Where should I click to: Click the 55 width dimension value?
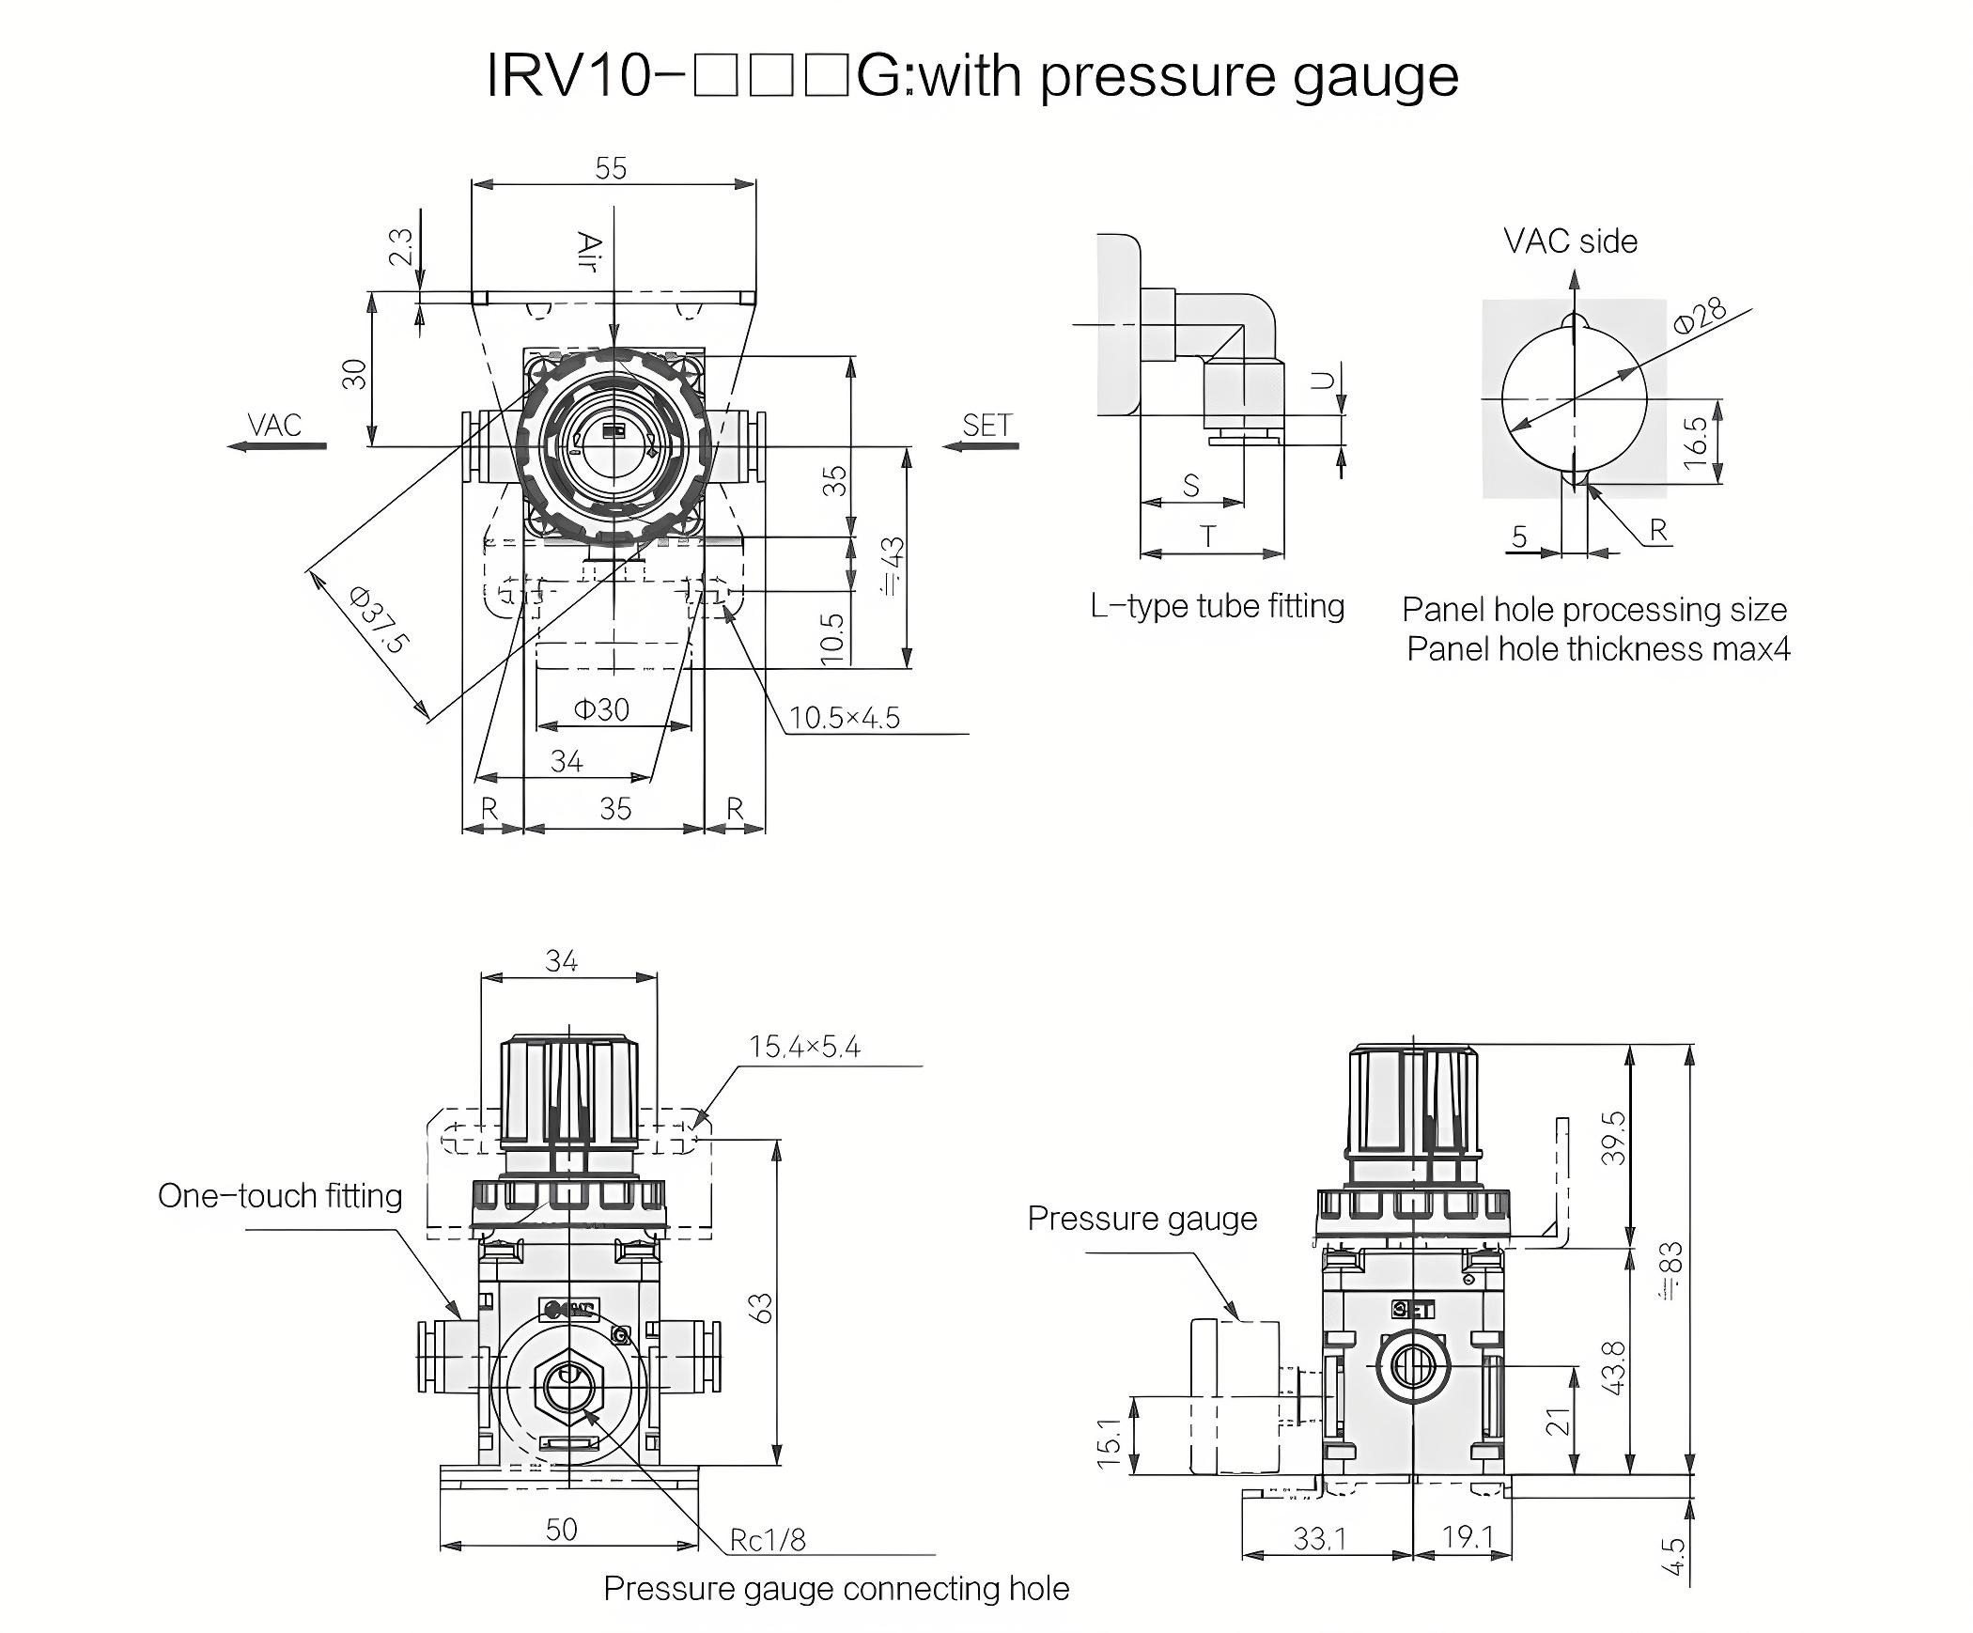click(x=611, y=168)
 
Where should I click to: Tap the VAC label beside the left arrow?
click(x=274, y=425)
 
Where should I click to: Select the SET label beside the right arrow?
click(x=987, y=425)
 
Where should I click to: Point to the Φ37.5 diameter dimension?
click(x=379, y=620)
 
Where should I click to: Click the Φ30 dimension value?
click(x=601, y=709)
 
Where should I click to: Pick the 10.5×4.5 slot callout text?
click(x=844, y=718)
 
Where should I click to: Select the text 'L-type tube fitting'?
click(x=1218, y=606)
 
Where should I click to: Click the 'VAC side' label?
click(x=1570, y=241)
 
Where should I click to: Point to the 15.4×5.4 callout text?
click(x=804, y=1047)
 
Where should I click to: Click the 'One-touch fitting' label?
click(x=280, y=1196)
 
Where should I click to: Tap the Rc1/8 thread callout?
click(x=768, y=1540)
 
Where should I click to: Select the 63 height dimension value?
click(x=762, y=1308)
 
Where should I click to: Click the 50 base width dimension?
click(x=561, y=1529)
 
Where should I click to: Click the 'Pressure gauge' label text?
click(x=1142, y=1219)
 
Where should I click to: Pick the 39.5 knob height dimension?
click(x=1612, y=1138)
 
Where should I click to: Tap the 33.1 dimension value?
click(x=1319, y=1538)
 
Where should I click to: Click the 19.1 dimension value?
click(x=1468, y=1537)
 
